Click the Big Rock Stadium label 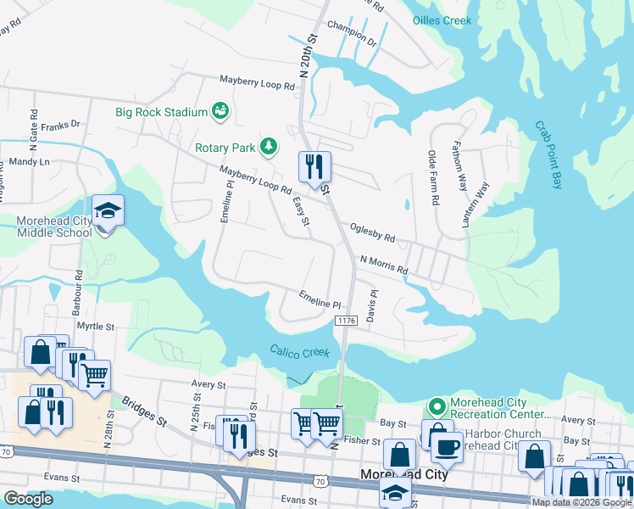click(162, 112)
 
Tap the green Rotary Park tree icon click(269, 147)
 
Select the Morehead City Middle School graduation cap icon click(108, 210)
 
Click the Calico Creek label click(299, 351)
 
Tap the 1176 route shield click(345, 320)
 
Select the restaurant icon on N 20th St click(314, 165)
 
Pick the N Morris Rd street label click(384, 265)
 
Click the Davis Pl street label click(372, 305)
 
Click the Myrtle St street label click(95, 326)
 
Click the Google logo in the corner click(28, 500)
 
